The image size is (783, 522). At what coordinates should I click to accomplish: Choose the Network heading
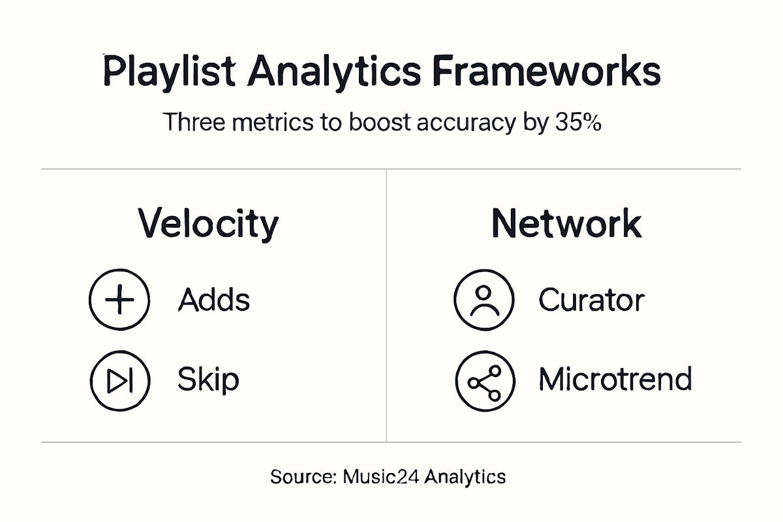coord(566,224)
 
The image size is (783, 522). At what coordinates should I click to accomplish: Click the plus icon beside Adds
coord(119,301)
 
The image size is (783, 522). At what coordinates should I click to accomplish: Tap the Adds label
coord(214,301)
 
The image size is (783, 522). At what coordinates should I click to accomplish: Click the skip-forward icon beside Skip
coord(119,380)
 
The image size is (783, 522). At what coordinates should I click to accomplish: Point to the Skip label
coord(208,380)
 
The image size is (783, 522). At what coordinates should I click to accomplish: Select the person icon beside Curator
coord(484,301)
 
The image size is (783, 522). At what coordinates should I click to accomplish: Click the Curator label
coord(591,301)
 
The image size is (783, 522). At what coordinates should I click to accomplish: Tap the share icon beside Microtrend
coord(484,380)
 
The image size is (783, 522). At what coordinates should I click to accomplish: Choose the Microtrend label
coord(615,380)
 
